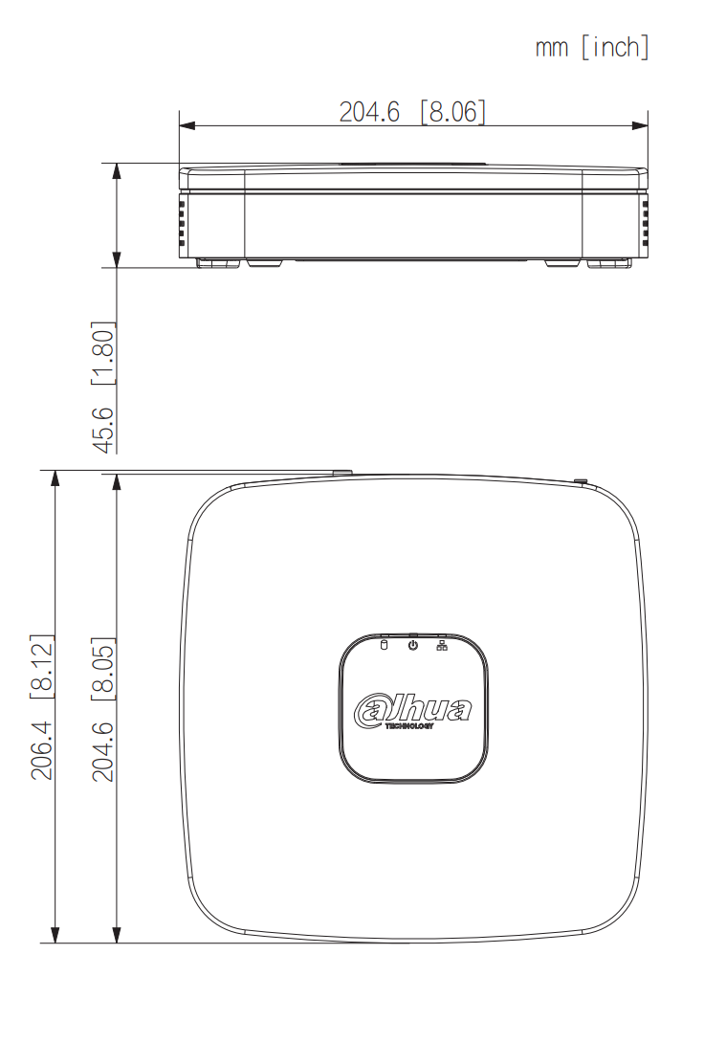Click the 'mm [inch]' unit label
point(592,47)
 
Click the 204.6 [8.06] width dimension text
point(412,112)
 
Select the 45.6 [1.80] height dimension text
point(103,387)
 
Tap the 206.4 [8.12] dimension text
point(43,706)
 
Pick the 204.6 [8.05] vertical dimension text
point(103,709)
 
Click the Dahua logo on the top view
point(413,710)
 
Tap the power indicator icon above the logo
point(413,646)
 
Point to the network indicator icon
point(442,646)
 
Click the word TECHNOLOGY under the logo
point(409,726)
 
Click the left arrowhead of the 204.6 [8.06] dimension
point(186,124)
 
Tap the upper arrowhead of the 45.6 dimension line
point(117,170)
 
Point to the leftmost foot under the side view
point(219,262)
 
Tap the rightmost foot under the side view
point(609,262)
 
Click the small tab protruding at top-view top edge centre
point(341,472)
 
